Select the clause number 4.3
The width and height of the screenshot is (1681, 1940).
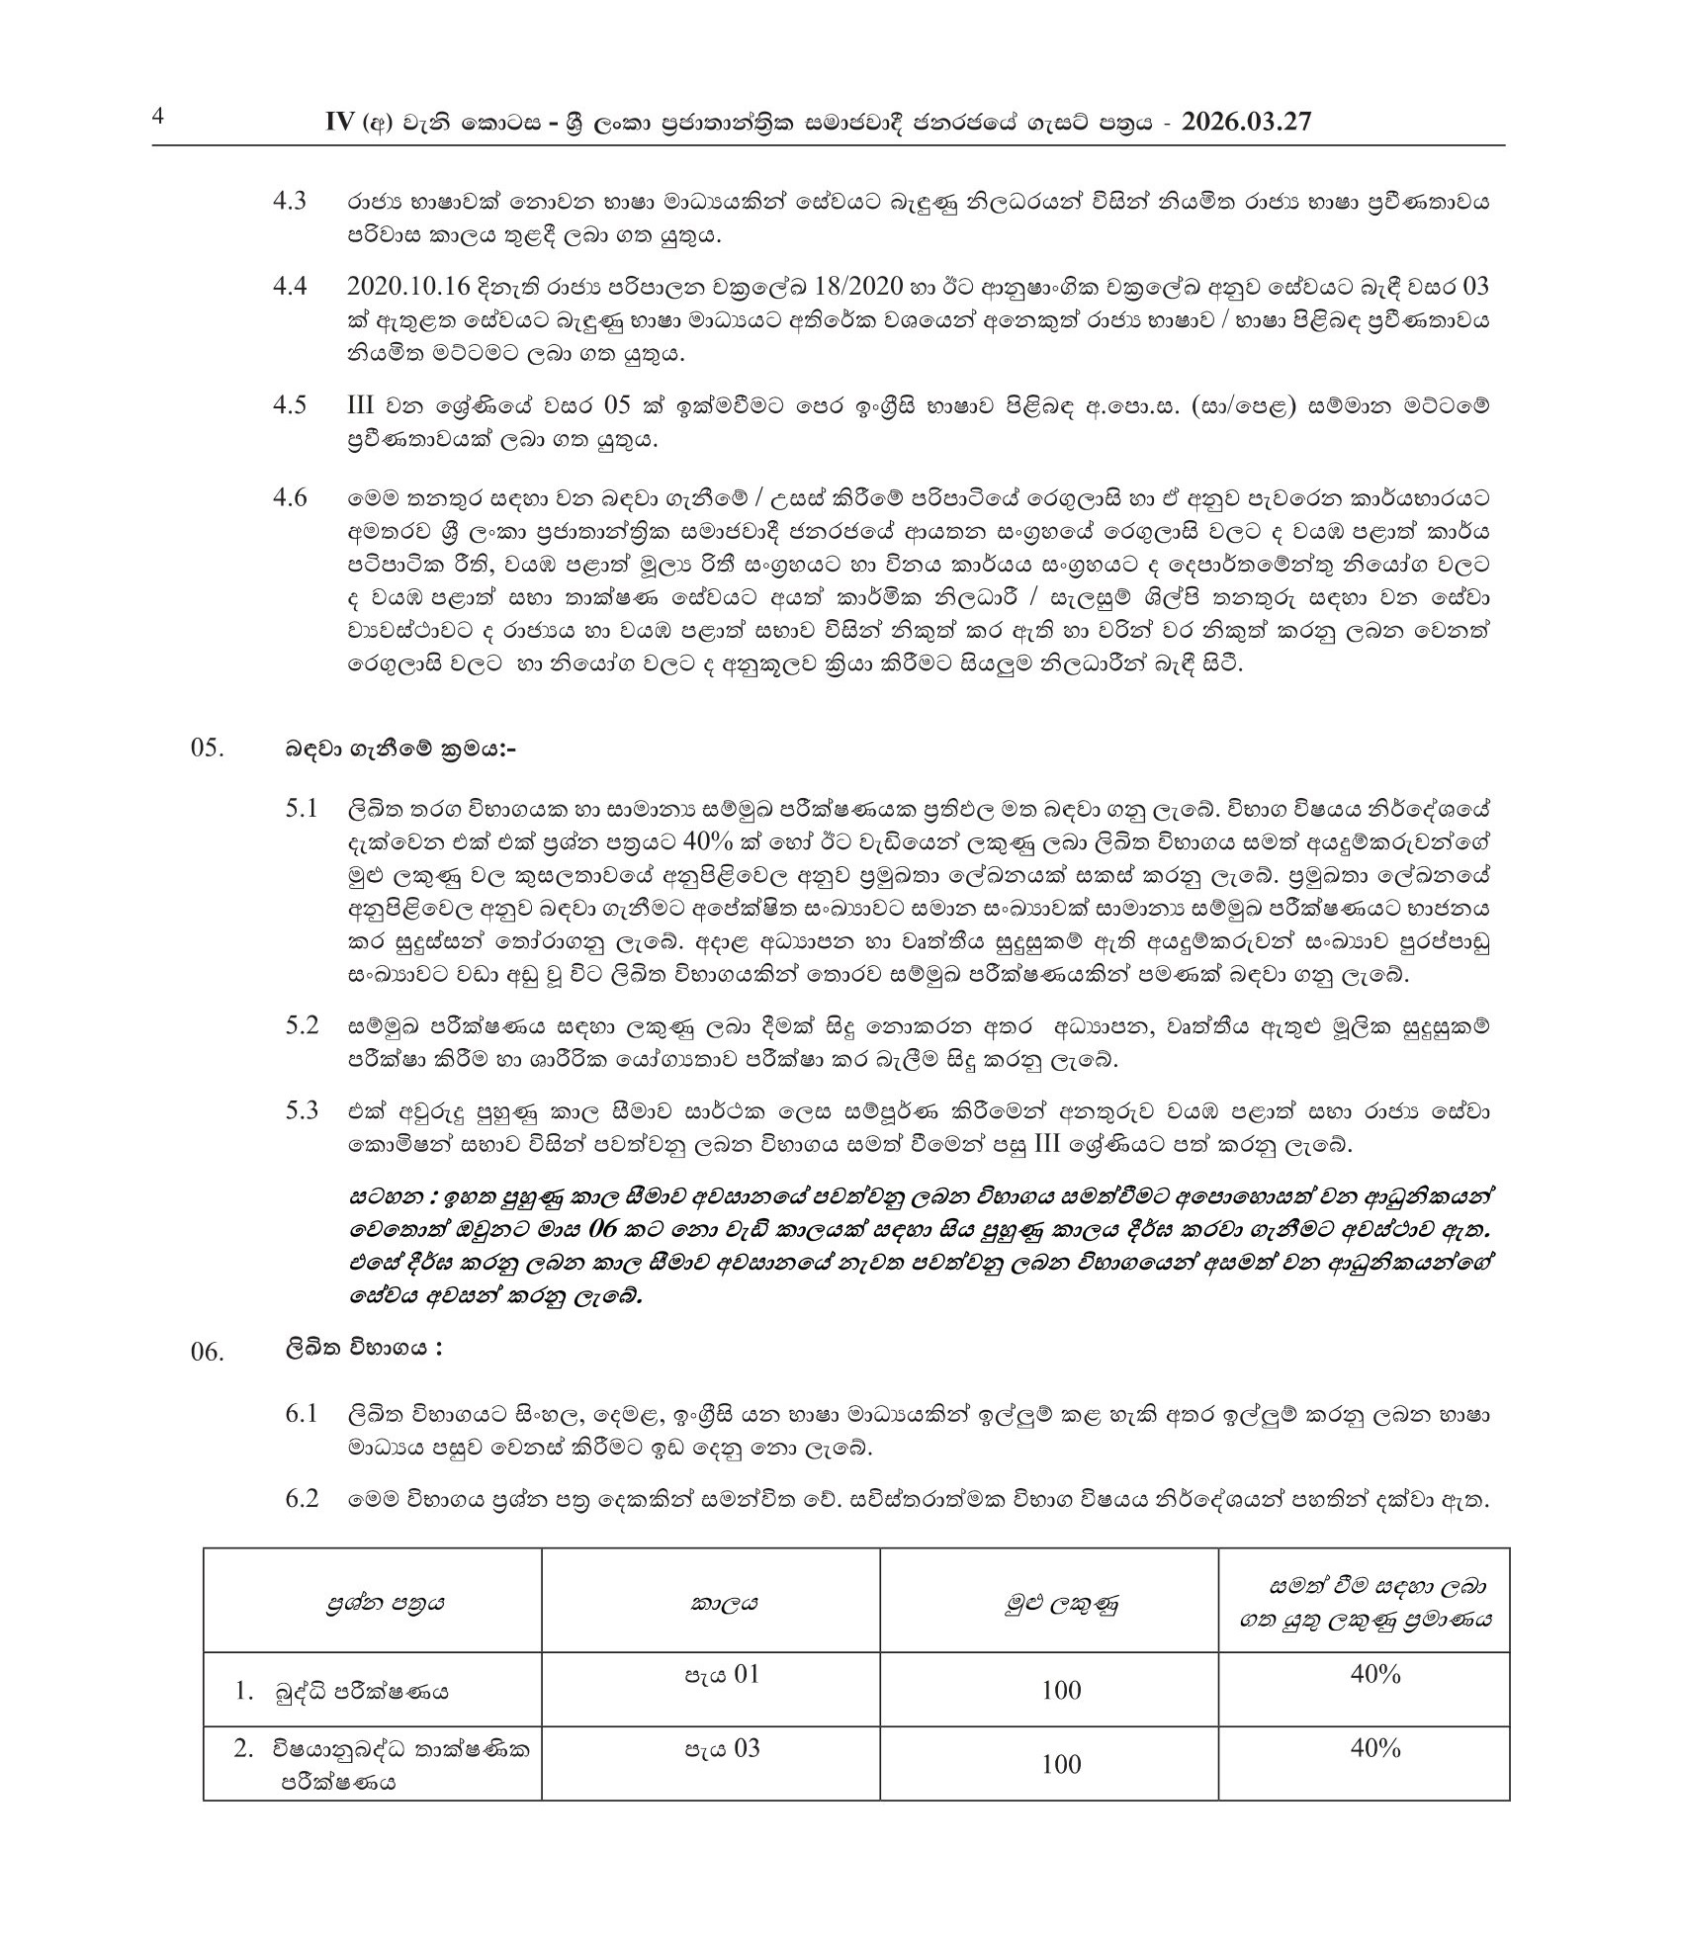click(x=290, y=202)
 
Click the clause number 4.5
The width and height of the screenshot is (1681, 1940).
click(x=290, y=405)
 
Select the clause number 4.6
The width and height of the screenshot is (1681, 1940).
click(x=290, y=496)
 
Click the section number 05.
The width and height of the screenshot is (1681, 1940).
click(x=208, y=749)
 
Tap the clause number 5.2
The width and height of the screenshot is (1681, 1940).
click(x=302, y=1025)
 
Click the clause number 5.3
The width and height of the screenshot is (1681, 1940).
click(x=302, y=1110)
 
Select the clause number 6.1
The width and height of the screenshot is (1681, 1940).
click(x=302, y=1414)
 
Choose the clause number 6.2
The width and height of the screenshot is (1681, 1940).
click(x=302, y=1499)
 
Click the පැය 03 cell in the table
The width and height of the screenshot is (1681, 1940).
click(x=724, y=1748)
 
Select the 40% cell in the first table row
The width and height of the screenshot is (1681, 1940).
click(x=1375, y=1674)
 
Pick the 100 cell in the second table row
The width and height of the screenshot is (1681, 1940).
click(x=1061, y=1764)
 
